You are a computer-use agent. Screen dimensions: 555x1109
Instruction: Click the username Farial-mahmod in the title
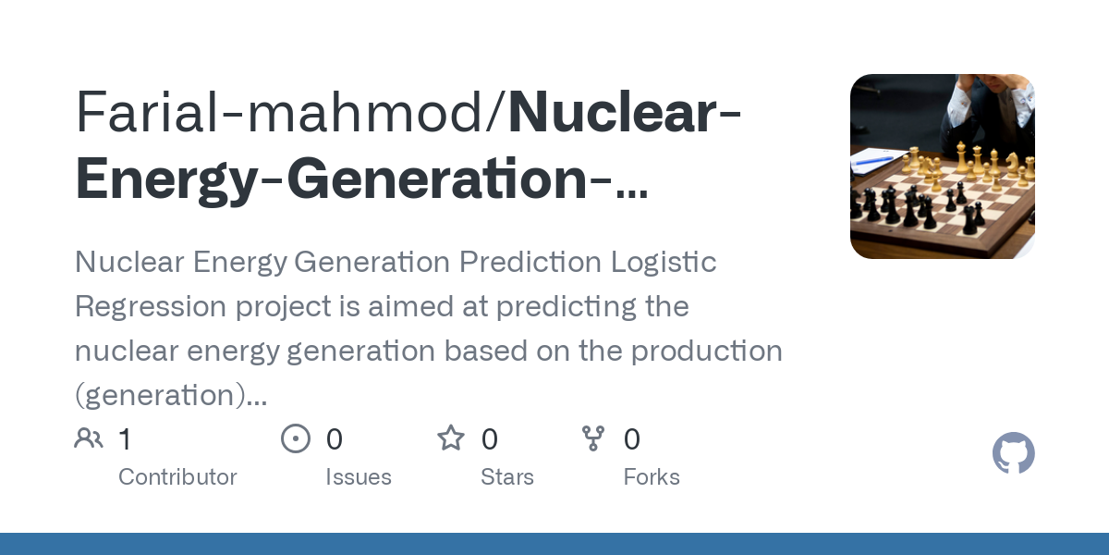(288, 114)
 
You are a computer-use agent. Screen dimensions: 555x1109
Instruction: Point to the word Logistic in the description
(664, 262)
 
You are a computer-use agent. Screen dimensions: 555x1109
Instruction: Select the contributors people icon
(89, 438)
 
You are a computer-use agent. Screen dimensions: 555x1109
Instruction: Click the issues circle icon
(295, 438)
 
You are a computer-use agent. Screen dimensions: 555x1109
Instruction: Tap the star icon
(451, 438)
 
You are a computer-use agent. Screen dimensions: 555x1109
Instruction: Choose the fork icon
(592, 438)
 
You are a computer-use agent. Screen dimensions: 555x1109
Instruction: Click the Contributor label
(177, 477)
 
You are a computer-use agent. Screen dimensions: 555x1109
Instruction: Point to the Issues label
(359, 477)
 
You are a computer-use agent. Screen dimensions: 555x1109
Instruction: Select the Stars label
(507, 477)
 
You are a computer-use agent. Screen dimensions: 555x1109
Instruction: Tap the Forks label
(652, 477)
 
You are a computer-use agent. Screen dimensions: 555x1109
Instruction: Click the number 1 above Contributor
(125, 438)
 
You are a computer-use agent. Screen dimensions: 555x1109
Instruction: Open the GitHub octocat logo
(1013, 454)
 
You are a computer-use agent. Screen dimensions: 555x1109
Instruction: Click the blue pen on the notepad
(873, 161)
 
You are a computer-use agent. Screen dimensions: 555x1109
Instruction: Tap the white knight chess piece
(1012, 165)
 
